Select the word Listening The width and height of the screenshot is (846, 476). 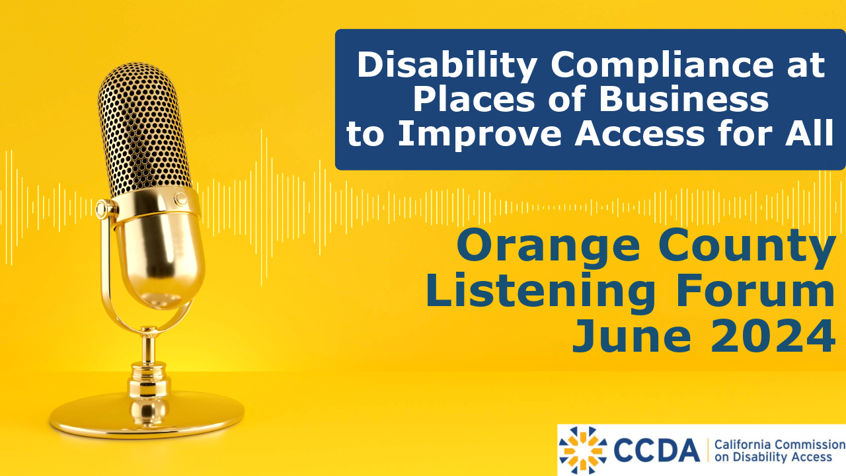point(531,292)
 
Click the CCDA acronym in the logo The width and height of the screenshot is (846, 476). point(657,451)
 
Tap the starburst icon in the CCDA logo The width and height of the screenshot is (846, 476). point(582,451)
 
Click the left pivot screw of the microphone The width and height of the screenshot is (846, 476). point(104,210)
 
